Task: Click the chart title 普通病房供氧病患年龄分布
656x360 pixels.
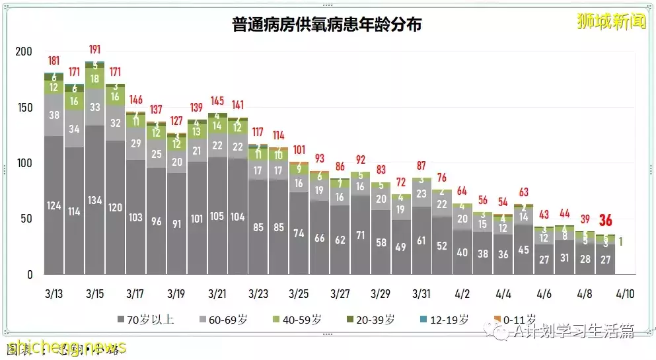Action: tap(327, 25)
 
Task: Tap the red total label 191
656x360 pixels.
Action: tap(94, 50)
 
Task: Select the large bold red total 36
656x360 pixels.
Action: tap(605, 221)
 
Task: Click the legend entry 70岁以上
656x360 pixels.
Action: tap(145, 320)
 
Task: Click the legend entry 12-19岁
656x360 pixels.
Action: tap(443, 320)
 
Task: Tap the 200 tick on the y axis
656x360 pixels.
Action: tap(24, 52)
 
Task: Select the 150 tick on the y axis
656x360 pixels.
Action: tap(24, 107)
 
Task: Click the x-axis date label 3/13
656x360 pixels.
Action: tap(54, 293)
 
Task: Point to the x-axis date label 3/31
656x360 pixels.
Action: tap(421, 293)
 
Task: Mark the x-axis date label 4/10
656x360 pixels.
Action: tap(624, 293)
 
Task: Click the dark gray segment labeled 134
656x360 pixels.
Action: tap(94, 200)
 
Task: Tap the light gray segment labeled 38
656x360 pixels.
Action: tap(54, 114)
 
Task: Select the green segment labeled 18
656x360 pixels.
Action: tap(94, 79)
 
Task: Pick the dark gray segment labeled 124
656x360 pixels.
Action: tap(54, 205)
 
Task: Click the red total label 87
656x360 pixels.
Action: tap(421, 166)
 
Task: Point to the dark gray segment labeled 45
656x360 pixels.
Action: tap(524, 250)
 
